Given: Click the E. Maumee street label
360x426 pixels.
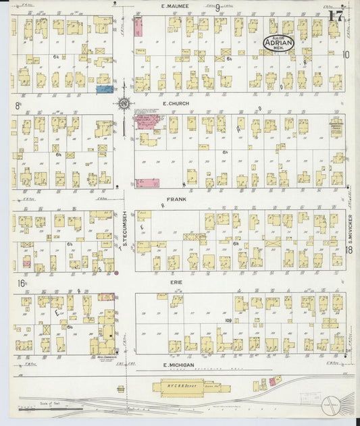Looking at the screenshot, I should [175, 6].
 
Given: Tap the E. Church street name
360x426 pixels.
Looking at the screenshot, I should [173, 105].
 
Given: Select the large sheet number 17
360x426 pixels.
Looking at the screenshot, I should [334, 16].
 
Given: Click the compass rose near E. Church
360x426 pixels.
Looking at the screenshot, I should [124, 104].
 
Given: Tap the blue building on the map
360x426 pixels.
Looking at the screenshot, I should [104, 88].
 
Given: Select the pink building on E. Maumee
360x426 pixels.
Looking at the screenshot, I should [138, 27].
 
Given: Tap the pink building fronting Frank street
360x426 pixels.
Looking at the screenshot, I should [148, 183].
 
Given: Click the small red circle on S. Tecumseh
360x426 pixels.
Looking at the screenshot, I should [116, 273].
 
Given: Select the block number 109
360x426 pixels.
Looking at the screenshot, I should [229, 320].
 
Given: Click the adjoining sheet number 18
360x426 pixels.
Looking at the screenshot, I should [349, 250].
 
